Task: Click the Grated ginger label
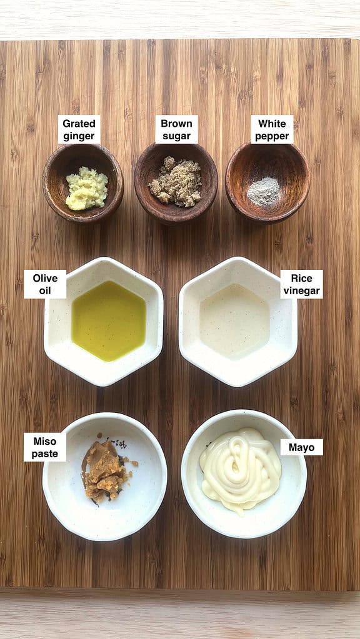[x=79, y=129]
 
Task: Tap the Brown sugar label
[x=176, y=129]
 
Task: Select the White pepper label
[x=272, y=129]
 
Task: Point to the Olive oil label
[x=45, y=284]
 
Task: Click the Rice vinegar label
[x=301, y=284]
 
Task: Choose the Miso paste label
[x=45, y=447]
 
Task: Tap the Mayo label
[x=301, y=447]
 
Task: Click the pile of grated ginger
[x=86, y=188]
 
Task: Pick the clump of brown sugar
[x=176, y=182]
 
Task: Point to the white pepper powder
[x=263, y=191]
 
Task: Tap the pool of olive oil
[x=109, y=320]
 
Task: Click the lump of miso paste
[x=105, y=470]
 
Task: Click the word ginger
[x=79, y=136]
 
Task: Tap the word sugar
[x=176, y=136]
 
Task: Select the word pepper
[x=272, y=136]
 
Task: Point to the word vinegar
[x=301, y=290]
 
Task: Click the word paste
[x=45, y=454]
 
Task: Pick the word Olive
[x=45, y=277]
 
